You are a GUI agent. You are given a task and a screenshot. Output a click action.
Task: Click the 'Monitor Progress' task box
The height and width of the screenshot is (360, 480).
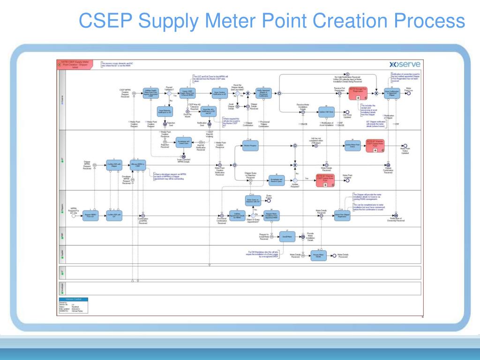point(251,146)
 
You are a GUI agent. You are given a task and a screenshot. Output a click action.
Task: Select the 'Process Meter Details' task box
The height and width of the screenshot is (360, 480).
point(319,255)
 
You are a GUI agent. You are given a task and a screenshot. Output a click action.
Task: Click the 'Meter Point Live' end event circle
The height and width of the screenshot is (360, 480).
point(409,93)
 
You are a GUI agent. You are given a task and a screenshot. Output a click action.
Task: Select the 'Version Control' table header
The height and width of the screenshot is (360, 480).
point(73,299)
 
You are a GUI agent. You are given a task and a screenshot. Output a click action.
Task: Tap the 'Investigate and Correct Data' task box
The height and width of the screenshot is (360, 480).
point(184,143)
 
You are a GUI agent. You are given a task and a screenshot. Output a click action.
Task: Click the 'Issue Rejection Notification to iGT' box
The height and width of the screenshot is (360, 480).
point(165,111)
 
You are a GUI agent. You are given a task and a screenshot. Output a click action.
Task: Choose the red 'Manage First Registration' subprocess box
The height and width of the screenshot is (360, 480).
point(358,93)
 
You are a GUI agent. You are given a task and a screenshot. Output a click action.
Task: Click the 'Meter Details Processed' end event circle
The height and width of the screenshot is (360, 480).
point(334,255)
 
